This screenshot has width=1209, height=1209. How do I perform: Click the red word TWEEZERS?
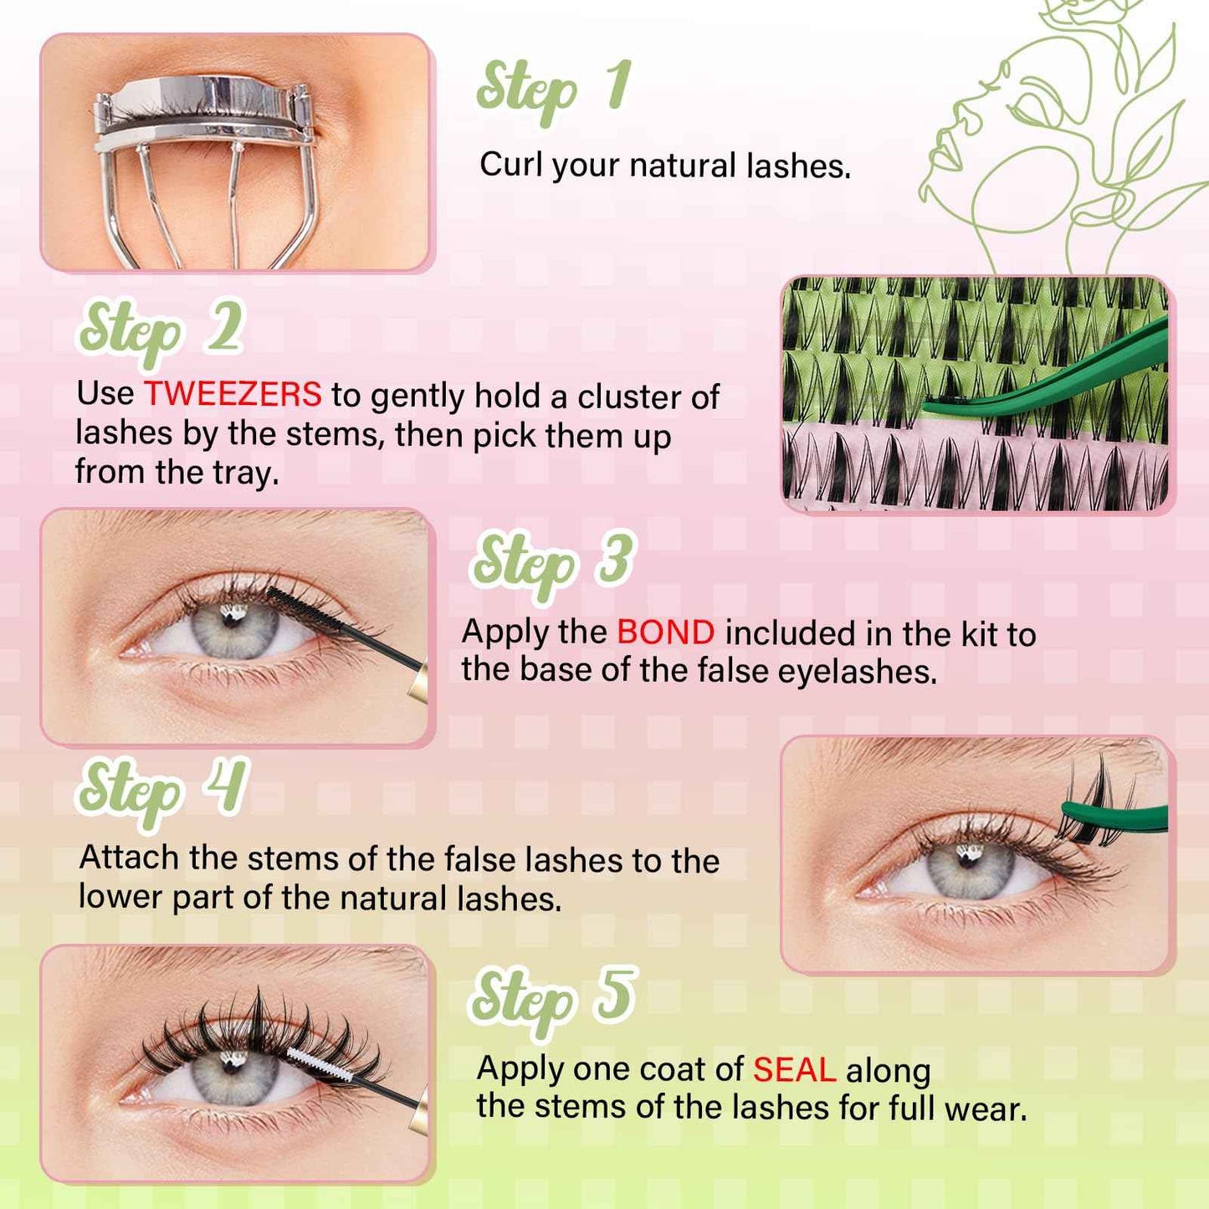[233, 393]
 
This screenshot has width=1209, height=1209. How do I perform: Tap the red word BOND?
[665, 633]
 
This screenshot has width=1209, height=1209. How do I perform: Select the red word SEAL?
[794, 1070]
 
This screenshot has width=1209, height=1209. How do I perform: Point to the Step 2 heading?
[161, 332]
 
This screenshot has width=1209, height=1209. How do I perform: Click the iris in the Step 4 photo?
[971, 870]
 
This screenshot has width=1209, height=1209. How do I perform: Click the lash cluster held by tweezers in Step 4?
[1096, 799]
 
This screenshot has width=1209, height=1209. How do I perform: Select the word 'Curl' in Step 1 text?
[510, 164]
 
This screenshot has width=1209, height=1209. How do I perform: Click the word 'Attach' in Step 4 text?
[129, 858]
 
